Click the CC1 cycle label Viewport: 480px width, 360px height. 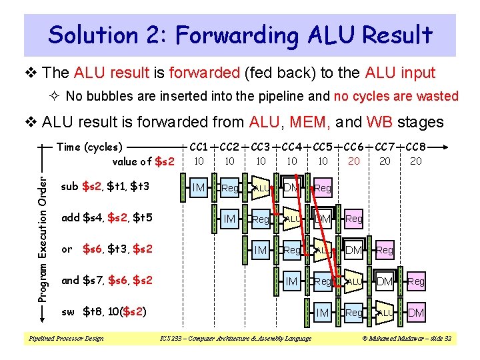198,147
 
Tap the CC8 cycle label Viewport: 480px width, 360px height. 416,147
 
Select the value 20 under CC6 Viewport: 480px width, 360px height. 354,161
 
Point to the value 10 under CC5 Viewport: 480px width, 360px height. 323,161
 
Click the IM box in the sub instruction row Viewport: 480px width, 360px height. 198,188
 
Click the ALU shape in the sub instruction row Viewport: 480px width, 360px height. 261,188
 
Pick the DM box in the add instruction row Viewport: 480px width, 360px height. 323,219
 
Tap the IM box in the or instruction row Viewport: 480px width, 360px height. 261,250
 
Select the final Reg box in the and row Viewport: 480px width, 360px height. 416,281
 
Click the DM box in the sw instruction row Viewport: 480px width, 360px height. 416,313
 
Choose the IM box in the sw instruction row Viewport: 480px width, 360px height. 323,313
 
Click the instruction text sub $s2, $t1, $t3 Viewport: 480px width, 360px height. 105,186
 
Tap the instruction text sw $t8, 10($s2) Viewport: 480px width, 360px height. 103,311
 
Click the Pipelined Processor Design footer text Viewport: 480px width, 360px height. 66,339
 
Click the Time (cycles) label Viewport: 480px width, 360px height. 89,147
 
